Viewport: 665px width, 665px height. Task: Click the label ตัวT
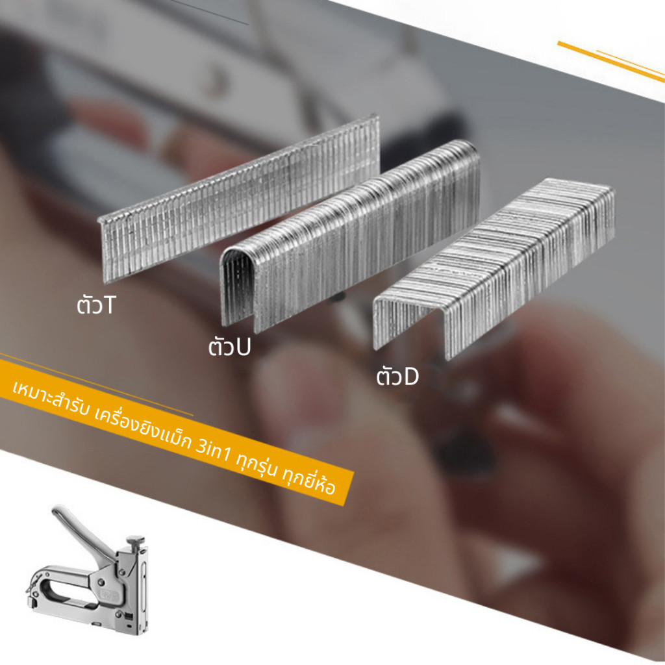96,305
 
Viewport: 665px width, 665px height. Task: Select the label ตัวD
397,376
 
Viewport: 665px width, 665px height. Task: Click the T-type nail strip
240,199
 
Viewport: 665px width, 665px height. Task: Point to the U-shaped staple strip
350,236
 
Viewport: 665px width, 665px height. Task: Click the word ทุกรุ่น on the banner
257,464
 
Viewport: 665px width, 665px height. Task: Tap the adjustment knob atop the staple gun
135,540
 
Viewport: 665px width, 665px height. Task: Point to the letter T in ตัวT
108,305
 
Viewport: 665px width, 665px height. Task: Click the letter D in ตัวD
410,377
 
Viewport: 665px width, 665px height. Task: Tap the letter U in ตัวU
243,347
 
